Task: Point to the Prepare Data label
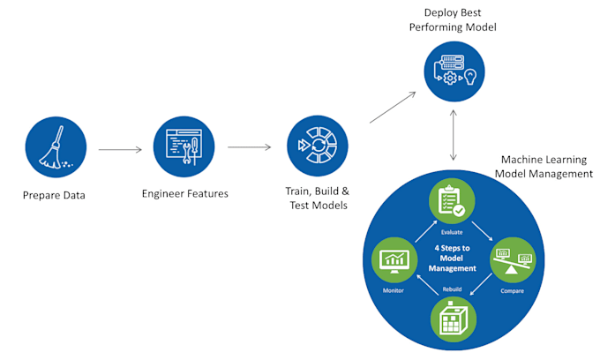(56, 194)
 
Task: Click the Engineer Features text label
(184, 193)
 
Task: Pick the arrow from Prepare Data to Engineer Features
(120, 149)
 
